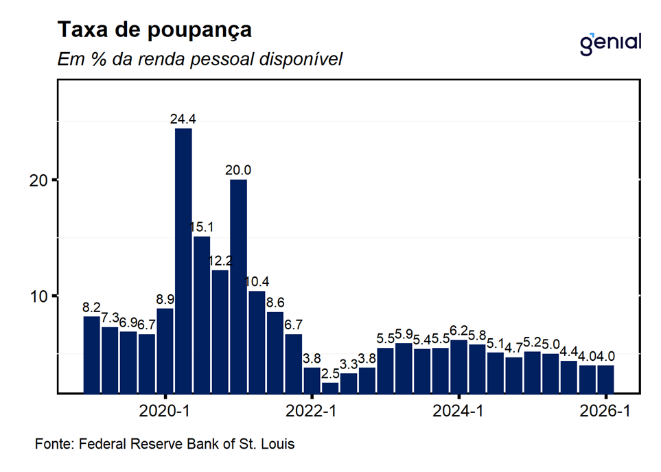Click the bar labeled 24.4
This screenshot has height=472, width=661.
(183, 261)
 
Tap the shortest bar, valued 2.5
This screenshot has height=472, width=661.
(330, 388)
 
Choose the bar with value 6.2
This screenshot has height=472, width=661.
(459, 366)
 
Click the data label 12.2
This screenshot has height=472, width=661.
(220, 261)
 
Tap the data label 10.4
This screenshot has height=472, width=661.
(257, 283)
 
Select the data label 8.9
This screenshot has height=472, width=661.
(165, 300)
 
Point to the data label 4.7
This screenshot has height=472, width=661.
(513, 349)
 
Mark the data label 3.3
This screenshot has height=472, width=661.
(349, 364)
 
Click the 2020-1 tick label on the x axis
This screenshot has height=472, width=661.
(165, 412)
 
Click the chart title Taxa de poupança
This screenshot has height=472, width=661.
(154, 30)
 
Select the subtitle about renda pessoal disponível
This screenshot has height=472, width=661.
(200, 60)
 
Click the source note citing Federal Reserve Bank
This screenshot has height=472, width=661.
(165, 445)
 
